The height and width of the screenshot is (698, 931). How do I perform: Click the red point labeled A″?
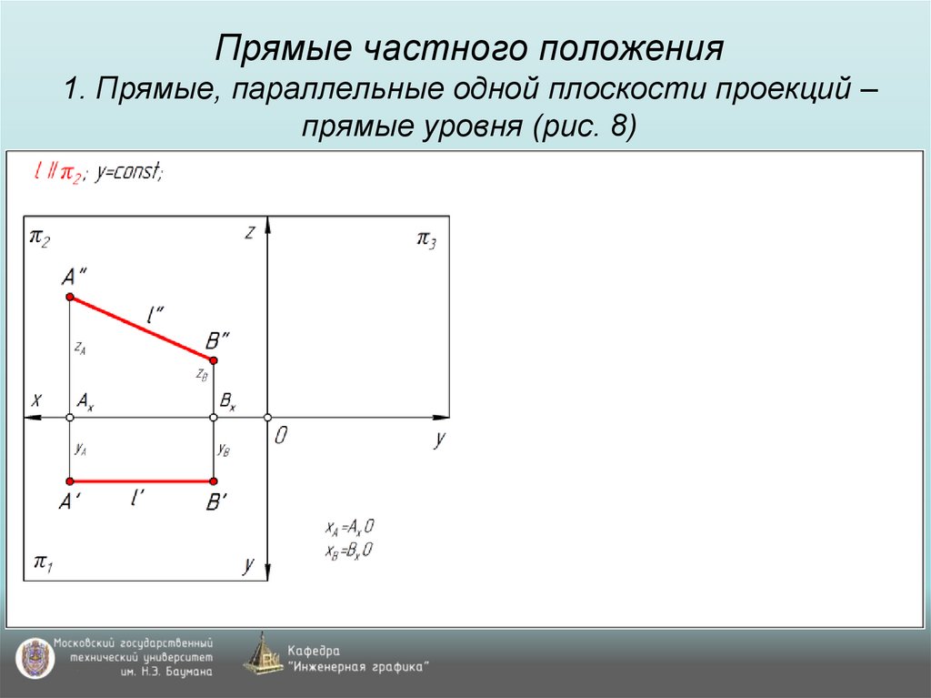click(69, 297)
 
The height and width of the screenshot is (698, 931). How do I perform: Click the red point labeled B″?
click(214, 360)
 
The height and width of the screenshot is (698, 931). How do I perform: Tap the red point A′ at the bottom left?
click(69, 481)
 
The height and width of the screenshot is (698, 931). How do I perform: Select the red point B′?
click(214, 481)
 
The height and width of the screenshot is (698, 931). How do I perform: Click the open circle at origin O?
click(267, 417)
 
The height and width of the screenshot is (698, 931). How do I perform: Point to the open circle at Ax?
click(69, 417)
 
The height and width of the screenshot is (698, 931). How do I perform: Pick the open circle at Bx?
click(214, 417)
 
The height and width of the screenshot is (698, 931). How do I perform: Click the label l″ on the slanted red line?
click(155, 314)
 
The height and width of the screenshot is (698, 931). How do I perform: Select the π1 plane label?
click(43, 561)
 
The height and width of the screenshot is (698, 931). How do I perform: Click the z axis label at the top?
click(248, 232)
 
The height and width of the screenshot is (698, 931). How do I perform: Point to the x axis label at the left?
click(36, 399)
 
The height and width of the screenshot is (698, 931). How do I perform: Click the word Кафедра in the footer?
click(314, 651)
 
